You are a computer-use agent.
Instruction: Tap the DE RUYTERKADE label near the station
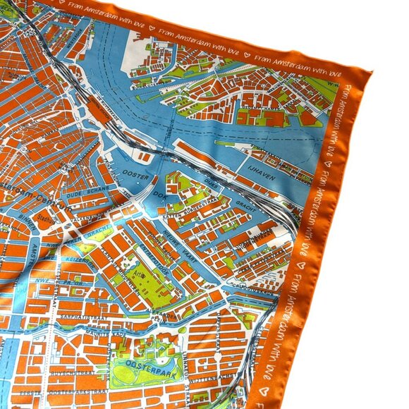click(x=106, y=106)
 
